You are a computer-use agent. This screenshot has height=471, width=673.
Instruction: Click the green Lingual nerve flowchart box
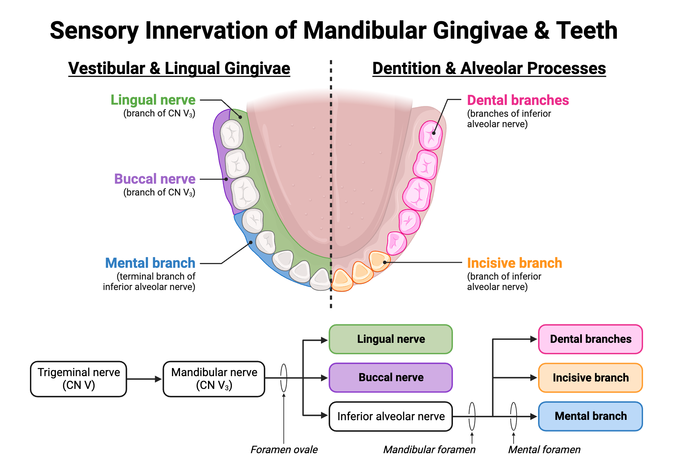(391, 339)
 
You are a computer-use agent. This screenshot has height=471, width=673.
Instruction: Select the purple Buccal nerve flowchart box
(391, 377)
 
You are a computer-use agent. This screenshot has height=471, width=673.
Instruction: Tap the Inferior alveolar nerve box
(391, 416)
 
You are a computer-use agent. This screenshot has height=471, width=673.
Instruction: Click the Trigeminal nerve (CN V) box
(78, 379)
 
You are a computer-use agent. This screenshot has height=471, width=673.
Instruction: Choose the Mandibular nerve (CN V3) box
(214, 379)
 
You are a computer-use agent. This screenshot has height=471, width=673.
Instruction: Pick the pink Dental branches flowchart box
(590, 339)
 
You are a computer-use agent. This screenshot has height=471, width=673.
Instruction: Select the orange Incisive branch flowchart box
(590, 377)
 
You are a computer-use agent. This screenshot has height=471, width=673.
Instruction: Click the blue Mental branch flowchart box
(590, 416)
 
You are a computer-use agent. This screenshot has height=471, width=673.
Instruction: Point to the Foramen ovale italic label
(284, 450)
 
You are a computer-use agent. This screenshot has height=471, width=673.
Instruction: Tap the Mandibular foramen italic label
(429, 450)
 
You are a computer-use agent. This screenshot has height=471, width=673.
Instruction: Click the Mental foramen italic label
(544, 450)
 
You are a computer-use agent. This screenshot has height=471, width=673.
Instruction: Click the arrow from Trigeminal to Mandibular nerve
(144, 379)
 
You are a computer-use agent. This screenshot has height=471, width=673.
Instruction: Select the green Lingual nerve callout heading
(153, 100)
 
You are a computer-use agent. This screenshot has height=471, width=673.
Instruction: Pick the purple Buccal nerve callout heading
(155, 179)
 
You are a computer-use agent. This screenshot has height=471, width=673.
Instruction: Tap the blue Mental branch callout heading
(150, 263)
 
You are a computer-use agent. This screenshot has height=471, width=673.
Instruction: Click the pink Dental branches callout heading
(518, 100)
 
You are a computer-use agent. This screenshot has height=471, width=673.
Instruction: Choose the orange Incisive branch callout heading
(515, 263)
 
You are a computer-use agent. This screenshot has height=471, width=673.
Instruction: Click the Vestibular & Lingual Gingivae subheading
(179, 68)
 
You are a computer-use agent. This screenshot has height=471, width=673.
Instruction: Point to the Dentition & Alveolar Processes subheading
(489, 68)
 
